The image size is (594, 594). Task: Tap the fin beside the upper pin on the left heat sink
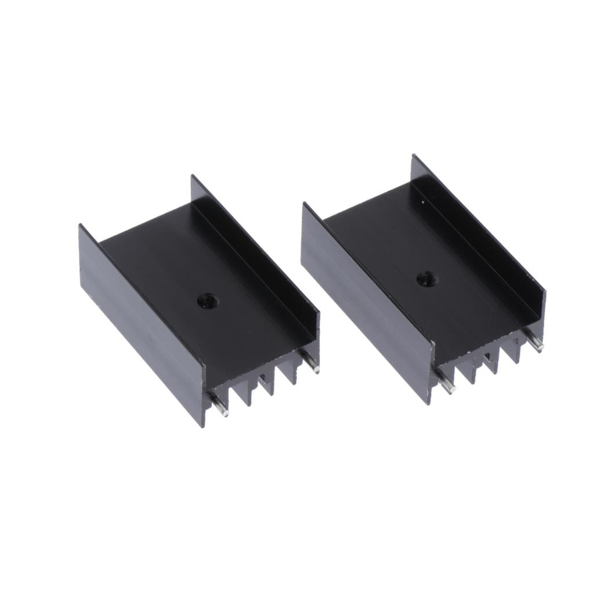pos(290,375)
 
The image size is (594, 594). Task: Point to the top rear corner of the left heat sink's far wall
pos(192,176)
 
